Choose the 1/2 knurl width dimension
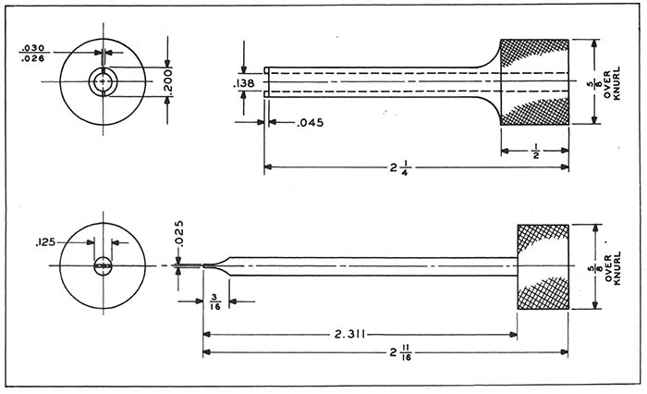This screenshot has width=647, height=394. (535, 150)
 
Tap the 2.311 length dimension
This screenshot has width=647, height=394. (355, 333)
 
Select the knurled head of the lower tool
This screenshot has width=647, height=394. (542, 266)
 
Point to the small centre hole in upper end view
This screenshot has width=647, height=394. (102, 83)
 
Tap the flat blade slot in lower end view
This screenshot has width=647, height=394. (103, 267)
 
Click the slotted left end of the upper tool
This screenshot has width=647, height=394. (267, 83)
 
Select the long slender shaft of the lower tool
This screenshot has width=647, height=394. (370, 266)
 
